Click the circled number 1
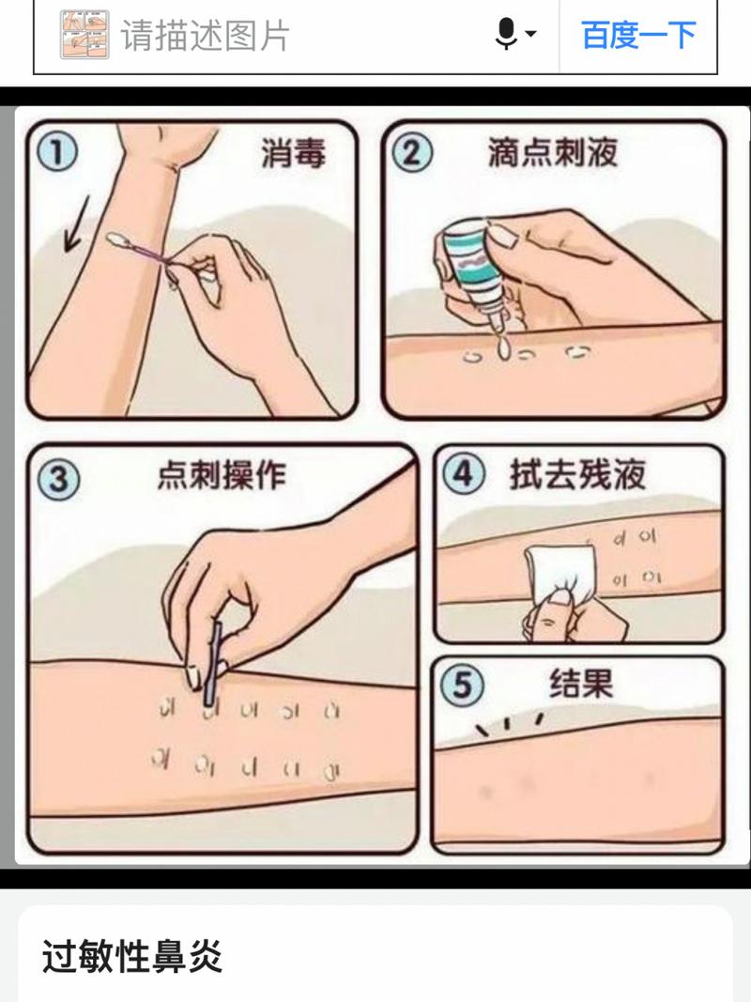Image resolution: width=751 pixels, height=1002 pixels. [56, 153]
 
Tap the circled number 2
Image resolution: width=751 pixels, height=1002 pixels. [412, 153]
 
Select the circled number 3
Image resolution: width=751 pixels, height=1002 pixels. [59, 479]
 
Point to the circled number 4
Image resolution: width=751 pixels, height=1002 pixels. [464, 474]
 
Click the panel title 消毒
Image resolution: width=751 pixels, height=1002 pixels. [293, 154]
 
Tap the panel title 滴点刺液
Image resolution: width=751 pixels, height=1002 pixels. [553, 153]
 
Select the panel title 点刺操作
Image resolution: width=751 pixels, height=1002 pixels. [222, 475]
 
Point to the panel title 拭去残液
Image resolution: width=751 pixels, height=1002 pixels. [577, 474]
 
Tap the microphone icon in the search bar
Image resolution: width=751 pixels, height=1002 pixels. [506, 33]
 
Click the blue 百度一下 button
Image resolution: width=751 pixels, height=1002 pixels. [638, 35]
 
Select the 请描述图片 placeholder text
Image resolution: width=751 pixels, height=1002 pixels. [205, 35]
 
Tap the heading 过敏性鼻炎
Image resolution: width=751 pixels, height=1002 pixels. [132, 957]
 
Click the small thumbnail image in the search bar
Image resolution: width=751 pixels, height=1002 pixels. [84, 35]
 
